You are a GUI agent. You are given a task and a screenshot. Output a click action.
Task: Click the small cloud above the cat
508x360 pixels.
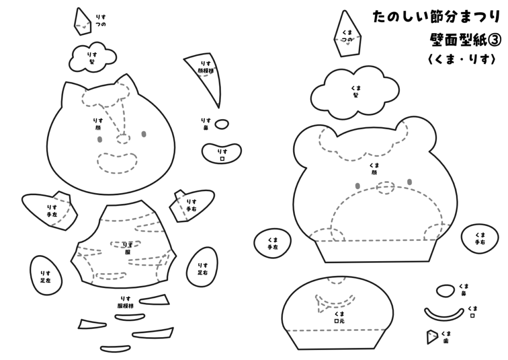pyautogui.click(x=90, y=57)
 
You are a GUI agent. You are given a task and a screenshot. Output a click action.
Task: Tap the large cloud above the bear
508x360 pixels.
pyautogui.click(x=355, y=93)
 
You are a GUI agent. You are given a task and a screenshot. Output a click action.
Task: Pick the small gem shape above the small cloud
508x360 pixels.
pyautogui.click(x=83, y=21)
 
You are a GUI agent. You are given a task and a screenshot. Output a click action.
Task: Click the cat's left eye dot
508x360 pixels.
pyautogui.click(x=100, y=140)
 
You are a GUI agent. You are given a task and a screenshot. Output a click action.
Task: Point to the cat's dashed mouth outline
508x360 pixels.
pyautogui.click(x=117, y=163)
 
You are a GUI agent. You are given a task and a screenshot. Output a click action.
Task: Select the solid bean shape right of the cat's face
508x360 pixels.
pyautogui.click(x=222, y=152)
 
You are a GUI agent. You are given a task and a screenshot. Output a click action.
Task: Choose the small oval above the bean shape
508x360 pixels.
pyautogui.click(x=222, y=124)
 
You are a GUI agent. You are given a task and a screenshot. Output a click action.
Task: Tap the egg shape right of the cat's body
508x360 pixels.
pyautogui.click(x=202, y=267)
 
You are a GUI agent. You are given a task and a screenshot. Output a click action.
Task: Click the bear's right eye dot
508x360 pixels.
pyautogui.click(x=409, y=182)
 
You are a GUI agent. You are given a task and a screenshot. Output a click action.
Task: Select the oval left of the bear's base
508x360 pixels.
pyautogui.click(x=272, y=243)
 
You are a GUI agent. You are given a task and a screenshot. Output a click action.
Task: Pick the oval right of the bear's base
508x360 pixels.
pyautogui.click(x=479, y=238)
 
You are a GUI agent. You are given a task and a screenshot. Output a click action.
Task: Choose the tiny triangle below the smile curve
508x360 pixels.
pyautogui.click(x=432, y=337)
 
